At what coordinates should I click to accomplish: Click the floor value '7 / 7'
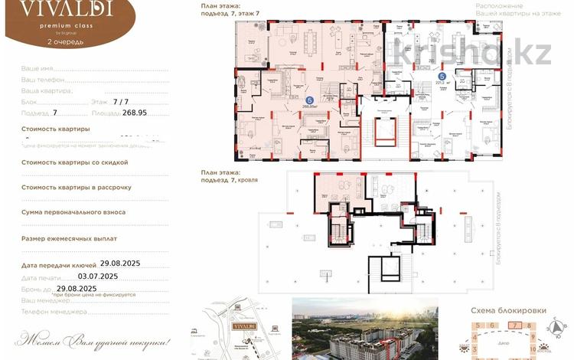pos(121,100)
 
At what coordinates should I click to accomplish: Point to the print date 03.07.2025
pos(98,275)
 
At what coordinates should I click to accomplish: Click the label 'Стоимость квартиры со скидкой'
pos(75,162)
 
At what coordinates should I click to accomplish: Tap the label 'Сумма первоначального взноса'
pos(73,212)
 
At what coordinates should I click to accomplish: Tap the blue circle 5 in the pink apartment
pos(309,100)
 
